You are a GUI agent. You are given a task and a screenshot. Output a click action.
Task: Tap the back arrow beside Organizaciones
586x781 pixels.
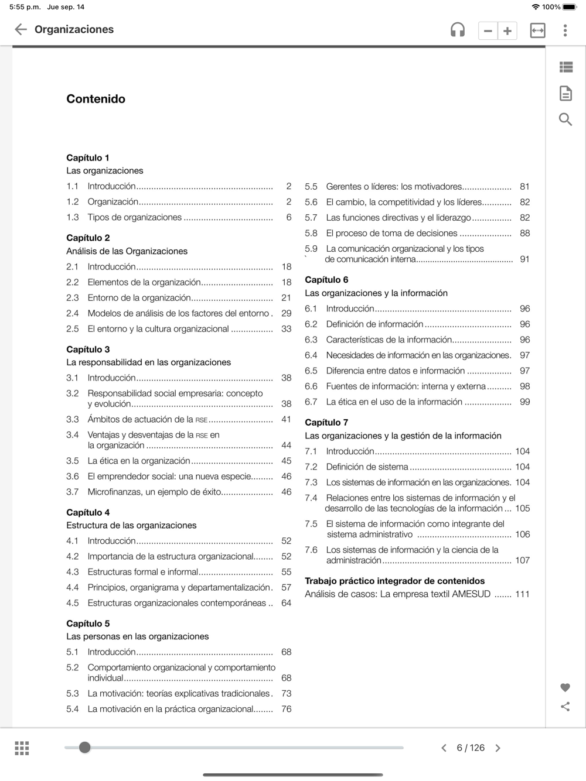coord(21,29)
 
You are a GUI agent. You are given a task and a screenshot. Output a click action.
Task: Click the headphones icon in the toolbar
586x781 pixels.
coord(458,30)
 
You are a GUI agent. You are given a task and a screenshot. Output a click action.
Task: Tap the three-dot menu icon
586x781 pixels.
coord(565,30)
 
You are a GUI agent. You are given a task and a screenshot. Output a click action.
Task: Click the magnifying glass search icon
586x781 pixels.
coord(565,119)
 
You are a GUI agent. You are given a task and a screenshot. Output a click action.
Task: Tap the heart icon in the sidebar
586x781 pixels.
coord(565,687)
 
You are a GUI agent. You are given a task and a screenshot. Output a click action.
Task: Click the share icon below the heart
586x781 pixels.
coord(565,707)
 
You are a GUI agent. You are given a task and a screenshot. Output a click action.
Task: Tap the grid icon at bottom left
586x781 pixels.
coord(22,748)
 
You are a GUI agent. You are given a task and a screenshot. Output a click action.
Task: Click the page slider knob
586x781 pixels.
coord(85,747)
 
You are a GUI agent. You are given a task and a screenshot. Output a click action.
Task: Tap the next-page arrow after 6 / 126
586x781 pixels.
coord(498,748)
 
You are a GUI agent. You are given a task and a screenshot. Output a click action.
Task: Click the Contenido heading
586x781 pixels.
coord(96,99)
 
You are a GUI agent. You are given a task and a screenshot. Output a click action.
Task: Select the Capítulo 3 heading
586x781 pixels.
coord(88,350)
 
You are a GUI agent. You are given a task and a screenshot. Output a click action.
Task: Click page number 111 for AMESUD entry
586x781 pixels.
coord(522,594)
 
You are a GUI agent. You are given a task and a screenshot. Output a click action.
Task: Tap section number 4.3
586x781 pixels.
coord(73,572)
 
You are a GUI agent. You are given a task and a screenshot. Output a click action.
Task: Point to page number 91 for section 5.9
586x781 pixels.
coord(524,259)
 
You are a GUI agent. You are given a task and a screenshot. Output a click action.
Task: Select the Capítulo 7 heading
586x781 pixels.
coord(326,422)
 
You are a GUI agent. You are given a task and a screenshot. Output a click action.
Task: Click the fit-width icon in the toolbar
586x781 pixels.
coord(537,30)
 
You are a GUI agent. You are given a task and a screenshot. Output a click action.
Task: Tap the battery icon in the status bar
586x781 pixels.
coord(570,7)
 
